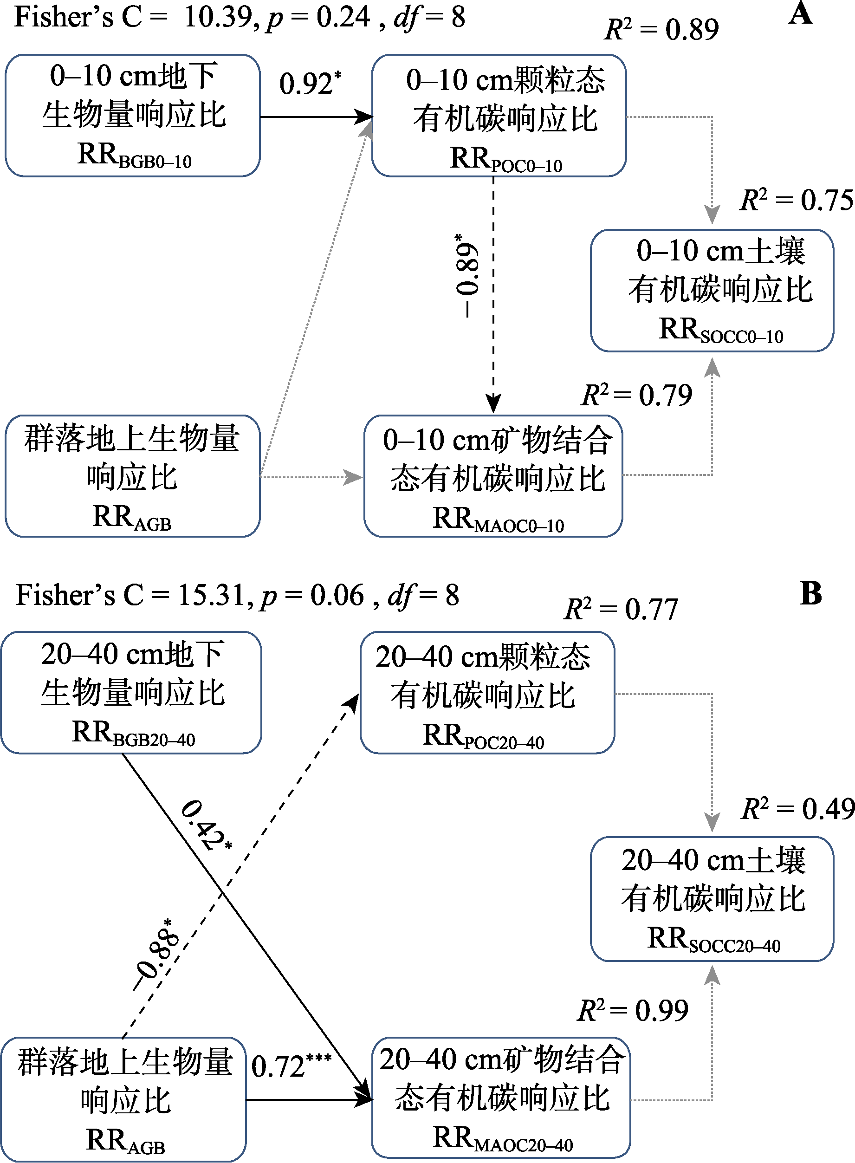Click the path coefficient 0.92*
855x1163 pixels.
point(310,84)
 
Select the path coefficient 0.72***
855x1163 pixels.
point(291,1066)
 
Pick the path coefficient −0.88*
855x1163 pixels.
point(155,955)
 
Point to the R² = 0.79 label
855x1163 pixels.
point(636,396)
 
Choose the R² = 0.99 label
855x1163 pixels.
point(633,1010)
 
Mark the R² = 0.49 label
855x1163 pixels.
point(797,808)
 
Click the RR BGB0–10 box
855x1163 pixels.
point(132,116)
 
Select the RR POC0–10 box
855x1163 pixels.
point(499,116)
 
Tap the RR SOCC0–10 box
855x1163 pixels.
point(712,290)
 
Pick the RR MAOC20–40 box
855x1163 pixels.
point(501,1097)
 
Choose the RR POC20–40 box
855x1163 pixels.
point(487,693)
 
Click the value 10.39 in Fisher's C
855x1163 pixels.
point(218,17)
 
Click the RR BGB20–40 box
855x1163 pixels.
point(131,693)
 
